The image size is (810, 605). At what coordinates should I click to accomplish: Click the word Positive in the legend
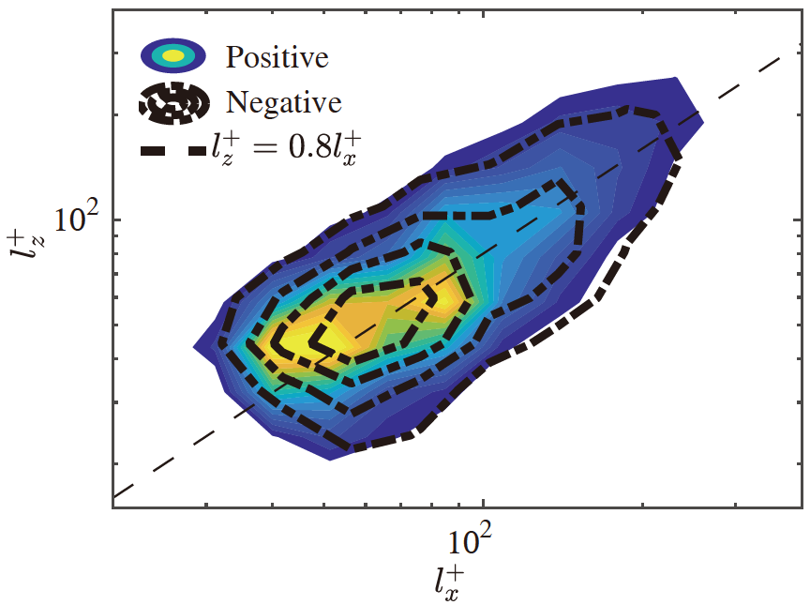(x=277, y=58)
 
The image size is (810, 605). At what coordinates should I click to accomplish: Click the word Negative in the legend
(x=283, y=101)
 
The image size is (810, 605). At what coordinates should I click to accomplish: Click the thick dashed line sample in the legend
(x=173, y=149)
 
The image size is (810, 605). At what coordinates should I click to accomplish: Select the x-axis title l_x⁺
(x=449, y=582)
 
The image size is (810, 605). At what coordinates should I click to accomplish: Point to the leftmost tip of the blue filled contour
(x=194, y=347)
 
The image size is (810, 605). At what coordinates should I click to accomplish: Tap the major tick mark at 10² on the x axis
(x=482, y=502)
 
